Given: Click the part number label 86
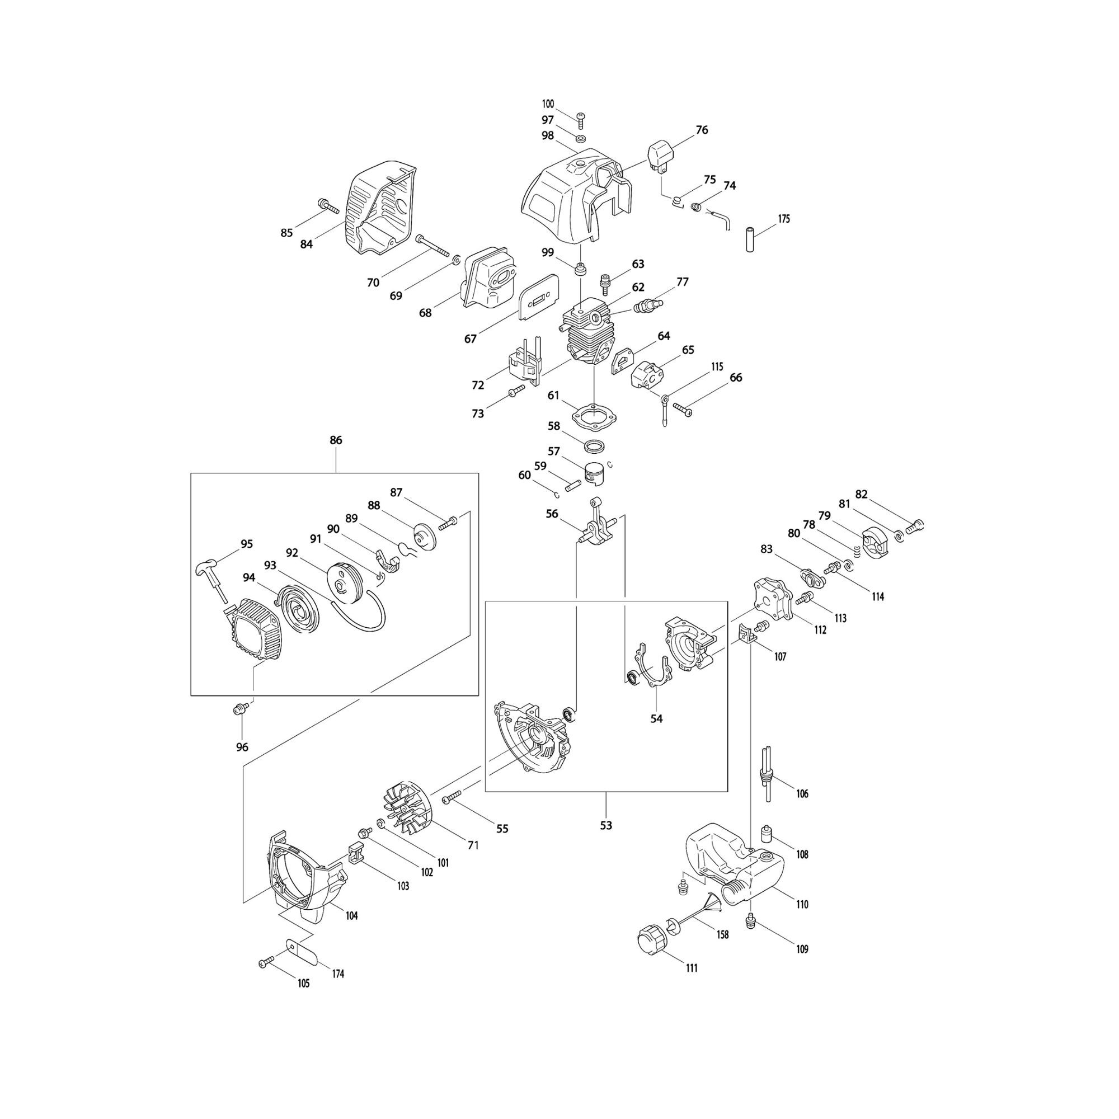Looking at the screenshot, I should coord(336,440).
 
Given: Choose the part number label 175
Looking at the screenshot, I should coord(784,219).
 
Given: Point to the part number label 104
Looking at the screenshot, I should coord(351,916).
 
